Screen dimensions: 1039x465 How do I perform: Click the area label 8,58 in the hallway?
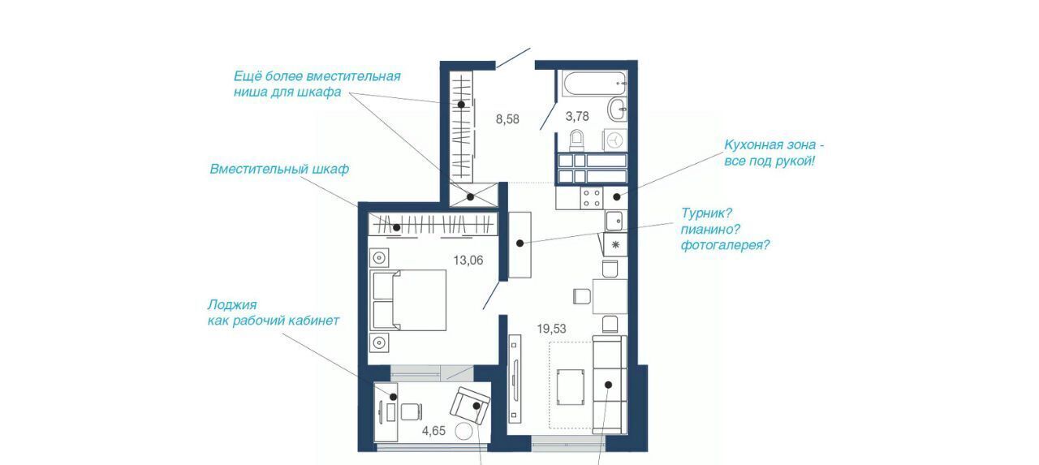click(x=507, y=119)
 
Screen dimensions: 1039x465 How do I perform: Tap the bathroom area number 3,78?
click(x=577, y=116)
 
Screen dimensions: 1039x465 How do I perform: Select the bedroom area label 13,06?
click(x=468, y=260)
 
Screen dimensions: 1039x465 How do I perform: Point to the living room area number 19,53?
click(x=551, y=329)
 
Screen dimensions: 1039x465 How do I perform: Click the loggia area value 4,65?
click(x=433, y=431)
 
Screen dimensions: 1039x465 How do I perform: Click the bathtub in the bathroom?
click(x=595, y=84)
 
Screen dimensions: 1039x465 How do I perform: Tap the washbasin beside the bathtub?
click(x=618, y=110)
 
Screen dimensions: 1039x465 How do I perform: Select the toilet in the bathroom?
click(x=576, y=140)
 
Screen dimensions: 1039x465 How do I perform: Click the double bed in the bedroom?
click(x=408, y=300)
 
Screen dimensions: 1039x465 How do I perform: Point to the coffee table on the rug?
click(x=571, y=387)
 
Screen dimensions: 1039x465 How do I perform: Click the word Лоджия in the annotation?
click(x=232, y=305)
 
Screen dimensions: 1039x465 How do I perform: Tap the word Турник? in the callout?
click(x=706, y=213)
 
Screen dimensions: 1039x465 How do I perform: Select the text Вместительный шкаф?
click(x=279, y=169)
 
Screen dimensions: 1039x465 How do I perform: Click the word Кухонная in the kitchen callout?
click(x=754, y=144)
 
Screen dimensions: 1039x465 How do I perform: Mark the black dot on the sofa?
click(x=608, y=385)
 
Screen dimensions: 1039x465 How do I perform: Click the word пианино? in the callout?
click(x=710, y=230)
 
